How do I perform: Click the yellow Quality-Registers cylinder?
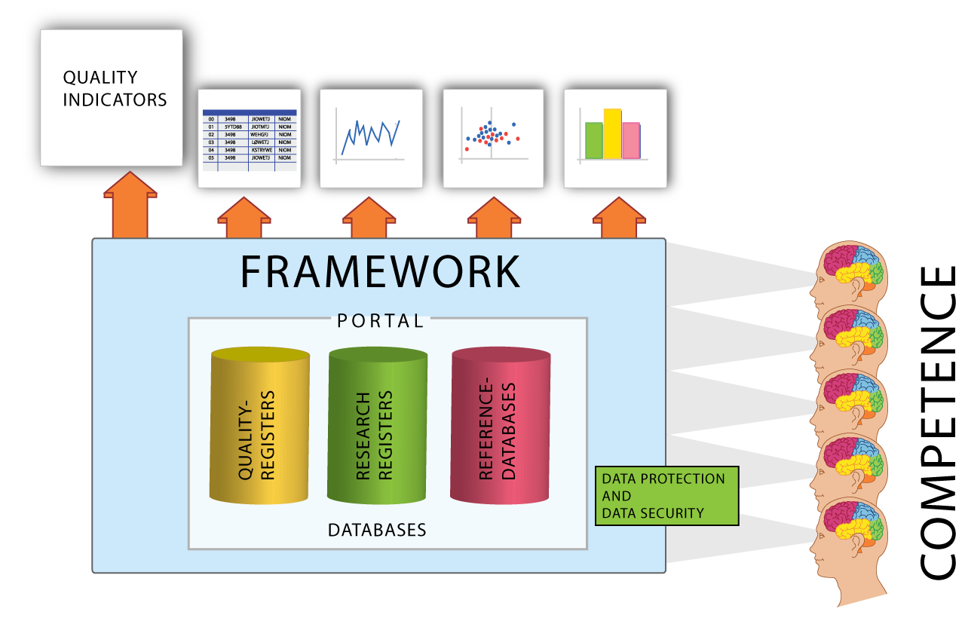click(260, 426)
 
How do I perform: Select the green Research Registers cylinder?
click(377, 426)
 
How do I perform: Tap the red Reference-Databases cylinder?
click(500, 426)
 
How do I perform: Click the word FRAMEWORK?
click(380, 272)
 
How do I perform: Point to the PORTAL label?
click(380, 320)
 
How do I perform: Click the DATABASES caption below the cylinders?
click(377, 530)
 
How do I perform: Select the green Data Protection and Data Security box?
click(666, 496)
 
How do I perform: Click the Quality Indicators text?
click(115, 88)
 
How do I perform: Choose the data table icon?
click(250, 139)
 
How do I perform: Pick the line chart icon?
click(371, 139)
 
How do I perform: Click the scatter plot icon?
click(493, 139)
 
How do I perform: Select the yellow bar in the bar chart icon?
click(612, 133)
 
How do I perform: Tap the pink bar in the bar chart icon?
click(631, 141)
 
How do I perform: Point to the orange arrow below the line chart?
click(369, 219)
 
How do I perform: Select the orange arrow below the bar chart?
click(619, 219)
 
